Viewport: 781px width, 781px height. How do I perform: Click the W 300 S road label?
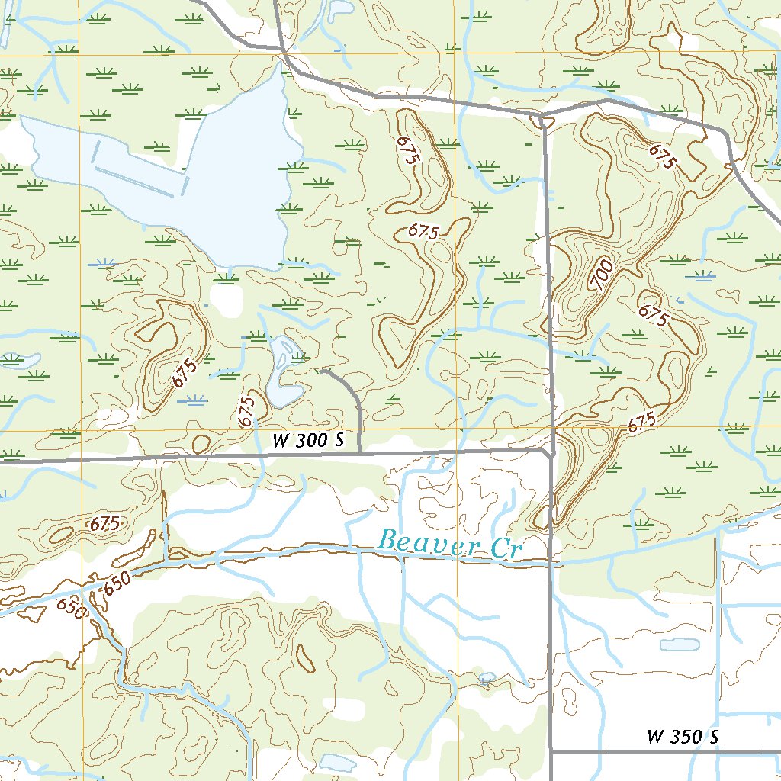click(309, 440)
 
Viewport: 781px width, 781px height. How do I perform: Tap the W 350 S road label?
click(683, 737)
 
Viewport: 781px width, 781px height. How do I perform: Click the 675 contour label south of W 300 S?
click(104, 524)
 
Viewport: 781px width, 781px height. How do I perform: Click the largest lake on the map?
click(191, 175)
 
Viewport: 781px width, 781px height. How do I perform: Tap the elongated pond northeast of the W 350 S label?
click(680, 644)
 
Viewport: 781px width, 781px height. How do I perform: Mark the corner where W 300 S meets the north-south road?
click(549, 452)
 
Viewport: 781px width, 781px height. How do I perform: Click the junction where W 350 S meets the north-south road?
click(551, 752)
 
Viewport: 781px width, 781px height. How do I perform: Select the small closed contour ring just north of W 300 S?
click(201, 443)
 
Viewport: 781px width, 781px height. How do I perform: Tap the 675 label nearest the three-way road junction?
click(663, 156)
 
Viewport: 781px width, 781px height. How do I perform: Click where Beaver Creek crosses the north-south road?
click(550, 562)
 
